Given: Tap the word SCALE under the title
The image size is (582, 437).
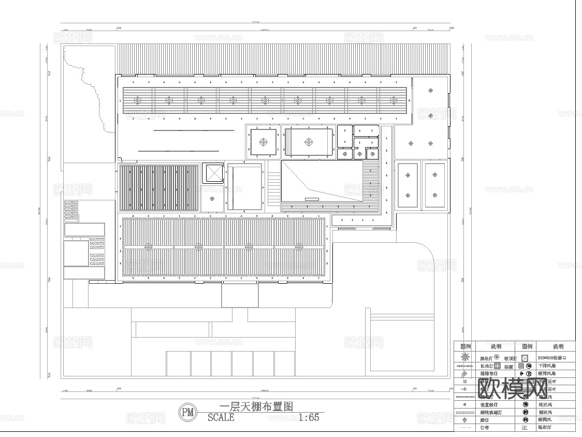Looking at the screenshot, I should pos(221,418).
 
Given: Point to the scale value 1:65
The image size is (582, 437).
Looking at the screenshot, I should pos(309,418).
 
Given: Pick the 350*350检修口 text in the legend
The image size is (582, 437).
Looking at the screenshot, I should pos(556,358).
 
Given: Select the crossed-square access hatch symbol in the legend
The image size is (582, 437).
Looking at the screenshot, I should pos(525,358).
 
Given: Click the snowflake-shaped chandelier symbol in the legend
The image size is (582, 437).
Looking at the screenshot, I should pos(465,357).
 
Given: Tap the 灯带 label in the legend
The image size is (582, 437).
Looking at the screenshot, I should pos(484,428).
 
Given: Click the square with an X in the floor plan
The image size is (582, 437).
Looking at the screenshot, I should pos(212,173).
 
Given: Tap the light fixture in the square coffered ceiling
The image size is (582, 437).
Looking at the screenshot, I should pos(264,141).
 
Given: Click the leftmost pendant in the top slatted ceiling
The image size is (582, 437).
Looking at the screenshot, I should pos(137,100).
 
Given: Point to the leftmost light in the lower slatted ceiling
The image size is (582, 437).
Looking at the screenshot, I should pos(149,247).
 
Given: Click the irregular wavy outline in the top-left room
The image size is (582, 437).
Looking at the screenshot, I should pos(91,91).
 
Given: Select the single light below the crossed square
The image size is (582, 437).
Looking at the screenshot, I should pos(212,197).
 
